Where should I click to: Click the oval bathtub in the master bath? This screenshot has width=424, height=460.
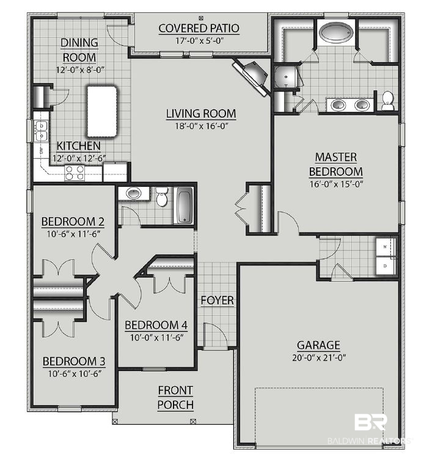337,32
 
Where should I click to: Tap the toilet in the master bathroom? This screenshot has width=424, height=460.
387,101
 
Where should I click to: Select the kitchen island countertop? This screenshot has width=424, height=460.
101,111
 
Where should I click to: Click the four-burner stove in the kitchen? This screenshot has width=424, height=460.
75,173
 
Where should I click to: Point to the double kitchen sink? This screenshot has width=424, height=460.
41,131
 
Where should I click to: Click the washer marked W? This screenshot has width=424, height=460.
386,246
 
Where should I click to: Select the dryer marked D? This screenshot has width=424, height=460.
386,266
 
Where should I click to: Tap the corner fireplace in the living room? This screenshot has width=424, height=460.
252,76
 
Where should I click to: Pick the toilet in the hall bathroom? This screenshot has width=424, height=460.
161,196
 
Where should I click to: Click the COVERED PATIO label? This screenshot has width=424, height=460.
199,29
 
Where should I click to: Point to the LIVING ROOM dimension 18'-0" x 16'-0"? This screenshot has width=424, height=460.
202,126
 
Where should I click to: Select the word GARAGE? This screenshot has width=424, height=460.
318,345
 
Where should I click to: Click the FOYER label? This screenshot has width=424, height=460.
217,300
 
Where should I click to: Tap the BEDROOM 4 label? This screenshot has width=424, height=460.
156,325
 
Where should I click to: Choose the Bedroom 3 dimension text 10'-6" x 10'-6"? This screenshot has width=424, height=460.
75,374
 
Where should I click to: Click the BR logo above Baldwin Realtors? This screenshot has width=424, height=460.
371,422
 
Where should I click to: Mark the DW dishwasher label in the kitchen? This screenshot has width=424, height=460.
41,150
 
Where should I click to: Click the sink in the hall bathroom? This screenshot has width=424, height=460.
134,193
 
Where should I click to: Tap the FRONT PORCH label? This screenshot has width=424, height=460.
175,398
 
